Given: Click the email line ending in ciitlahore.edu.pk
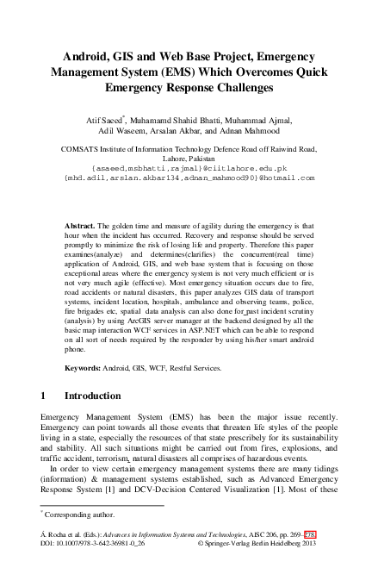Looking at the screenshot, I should [189, 167].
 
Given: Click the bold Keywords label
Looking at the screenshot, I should [88, 368].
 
